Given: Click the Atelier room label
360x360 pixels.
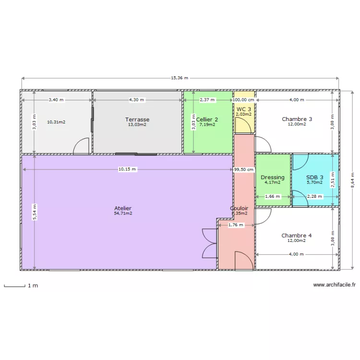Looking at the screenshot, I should pos(123,208).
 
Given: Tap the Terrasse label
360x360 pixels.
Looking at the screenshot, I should pos(137,120).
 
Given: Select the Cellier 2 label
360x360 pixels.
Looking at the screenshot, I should pos(207,120).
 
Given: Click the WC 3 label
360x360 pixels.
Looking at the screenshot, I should pos(243,109).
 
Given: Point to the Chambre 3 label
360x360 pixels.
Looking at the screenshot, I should pos(297,119).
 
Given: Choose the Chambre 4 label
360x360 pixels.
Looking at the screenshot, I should pos(297,235).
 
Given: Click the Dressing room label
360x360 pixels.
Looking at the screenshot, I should pos(273,177).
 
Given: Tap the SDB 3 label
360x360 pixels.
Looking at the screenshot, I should pos(315,177).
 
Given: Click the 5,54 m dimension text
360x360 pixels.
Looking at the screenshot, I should pos(34,213).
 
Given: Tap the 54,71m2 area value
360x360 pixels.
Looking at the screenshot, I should pos(123,214).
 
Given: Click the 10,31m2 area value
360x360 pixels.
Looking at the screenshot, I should pos(56,122).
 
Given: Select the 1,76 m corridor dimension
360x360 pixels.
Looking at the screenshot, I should pos(236,225).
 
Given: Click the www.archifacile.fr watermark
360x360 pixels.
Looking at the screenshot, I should pos(334,285).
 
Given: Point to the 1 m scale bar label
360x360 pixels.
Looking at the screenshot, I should pos(33,286).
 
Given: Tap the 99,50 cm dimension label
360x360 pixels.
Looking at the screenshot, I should pos(244,169).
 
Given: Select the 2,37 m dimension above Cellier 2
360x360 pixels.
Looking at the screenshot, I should pos(207,100).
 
